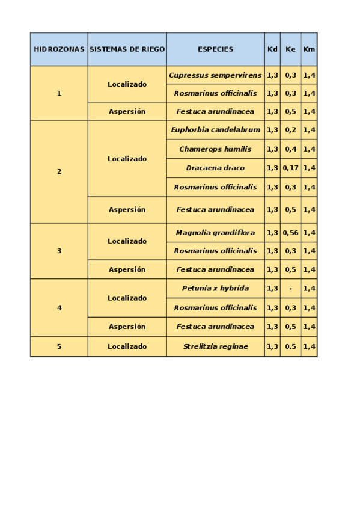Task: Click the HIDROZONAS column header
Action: coord(59,49)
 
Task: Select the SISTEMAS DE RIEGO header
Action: coord(127,49)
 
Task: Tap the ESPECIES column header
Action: coord(215,49)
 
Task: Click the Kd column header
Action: coord(272,49)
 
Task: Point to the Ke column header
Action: coord(290,49)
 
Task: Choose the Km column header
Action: coord(309,49)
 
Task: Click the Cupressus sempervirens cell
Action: coord(215,75)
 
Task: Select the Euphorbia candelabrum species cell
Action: coord(215,129)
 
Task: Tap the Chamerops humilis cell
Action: coord(215,149)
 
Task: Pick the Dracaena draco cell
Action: coord(215,168)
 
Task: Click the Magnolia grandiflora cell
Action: coord(215,232)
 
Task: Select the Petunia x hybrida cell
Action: coord(215,288)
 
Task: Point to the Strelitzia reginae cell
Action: coord(215,346)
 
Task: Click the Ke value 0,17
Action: coord(290,168)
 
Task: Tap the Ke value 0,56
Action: coord(290,232)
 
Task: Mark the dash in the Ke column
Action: coord(290,288)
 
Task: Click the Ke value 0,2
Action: coord(290,129)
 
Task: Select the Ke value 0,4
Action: coord(290,149)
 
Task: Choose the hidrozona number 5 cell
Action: coord(59,346)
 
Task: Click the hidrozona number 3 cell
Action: coord(59,251)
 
